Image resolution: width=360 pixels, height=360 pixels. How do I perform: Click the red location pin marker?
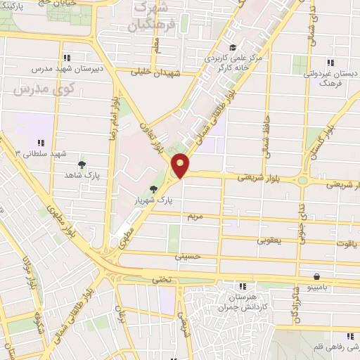click(x=181, y=166)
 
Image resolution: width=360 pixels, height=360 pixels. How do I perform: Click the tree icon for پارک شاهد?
click(x=82, y=164)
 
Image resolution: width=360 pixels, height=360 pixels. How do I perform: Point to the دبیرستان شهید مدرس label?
click(x=67, y=70)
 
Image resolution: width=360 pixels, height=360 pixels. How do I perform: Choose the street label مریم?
click(x=195, y=217)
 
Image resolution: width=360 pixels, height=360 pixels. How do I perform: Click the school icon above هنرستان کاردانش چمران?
click(x=244, y=286)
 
